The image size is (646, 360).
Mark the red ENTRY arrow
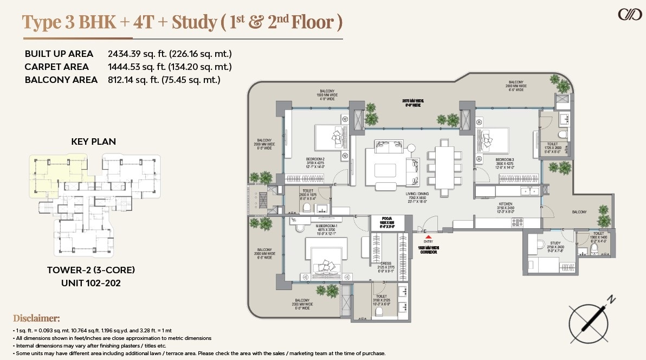point(429,237)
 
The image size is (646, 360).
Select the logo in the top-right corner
point(630,14)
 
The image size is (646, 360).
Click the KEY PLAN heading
point(93,142)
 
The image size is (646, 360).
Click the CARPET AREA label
point(56,67)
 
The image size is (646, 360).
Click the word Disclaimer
point(36,318)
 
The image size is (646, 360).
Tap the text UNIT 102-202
point(91,282)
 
